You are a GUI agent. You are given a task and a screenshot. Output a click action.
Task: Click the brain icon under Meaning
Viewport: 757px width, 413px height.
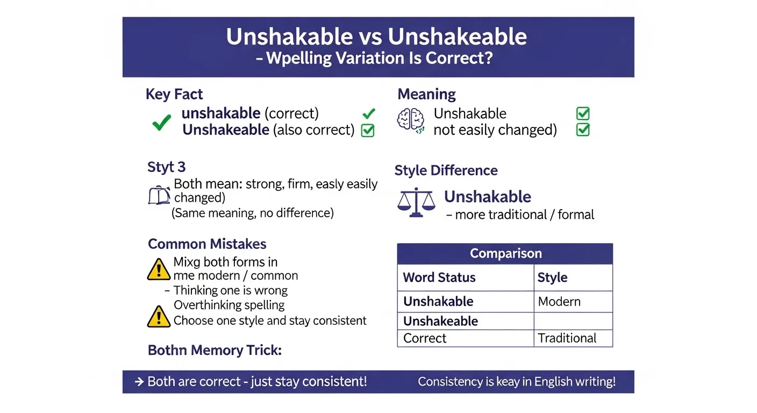click(411, 120)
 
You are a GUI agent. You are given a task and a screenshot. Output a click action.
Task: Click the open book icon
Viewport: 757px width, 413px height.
click(159, 196)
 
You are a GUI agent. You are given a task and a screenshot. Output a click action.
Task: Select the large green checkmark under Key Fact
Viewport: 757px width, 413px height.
click(161, 123)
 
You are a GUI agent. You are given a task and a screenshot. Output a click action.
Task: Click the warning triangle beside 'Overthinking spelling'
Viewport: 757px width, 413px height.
click(159, 316)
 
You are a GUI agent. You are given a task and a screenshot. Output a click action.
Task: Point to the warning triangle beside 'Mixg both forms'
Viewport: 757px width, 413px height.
click(159, 269)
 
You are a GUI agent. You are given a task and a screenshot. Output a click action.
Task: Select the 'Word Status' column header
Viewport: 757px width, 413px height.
click(439, 277)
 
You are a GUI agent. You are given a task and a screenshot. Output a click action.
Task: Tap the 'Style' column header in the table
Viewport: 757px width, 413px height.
click(552, 277)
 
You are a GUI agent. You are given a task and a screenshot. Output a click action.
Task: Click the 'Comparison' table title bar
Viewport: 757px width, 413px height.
click(505, 253)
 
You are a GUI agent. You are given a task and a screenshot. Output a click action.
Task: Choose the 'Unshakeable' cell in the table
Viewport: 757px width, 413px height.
click(440, 321)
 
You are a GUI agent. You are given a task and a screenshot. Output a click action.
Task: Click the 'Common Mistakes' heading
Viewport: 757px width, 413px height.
click(207, 244)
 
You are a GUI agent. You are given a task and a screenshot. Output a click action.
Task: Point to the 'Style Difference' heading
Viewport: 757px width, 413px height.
click(446, 170)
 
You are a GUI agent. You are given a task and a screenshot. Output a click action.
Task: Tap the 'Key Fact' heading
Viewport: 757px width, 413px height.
click(174, 95)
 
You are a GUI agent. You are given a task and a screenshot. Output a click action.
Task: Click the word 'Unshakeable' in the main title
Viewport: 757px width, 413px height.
click(457, 37)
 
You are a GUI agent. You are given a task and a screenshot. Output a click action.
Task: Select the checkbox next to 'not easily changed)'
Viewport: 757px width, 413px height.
click(583, 130)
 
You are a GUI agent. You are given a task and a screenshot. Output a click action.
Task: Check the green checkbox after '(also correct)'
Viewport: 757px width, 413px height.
click(368, 130)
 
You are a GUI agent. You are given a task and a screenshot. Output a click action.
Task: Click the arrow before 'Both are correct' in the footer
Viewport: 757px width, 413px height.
click(139, 382)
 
